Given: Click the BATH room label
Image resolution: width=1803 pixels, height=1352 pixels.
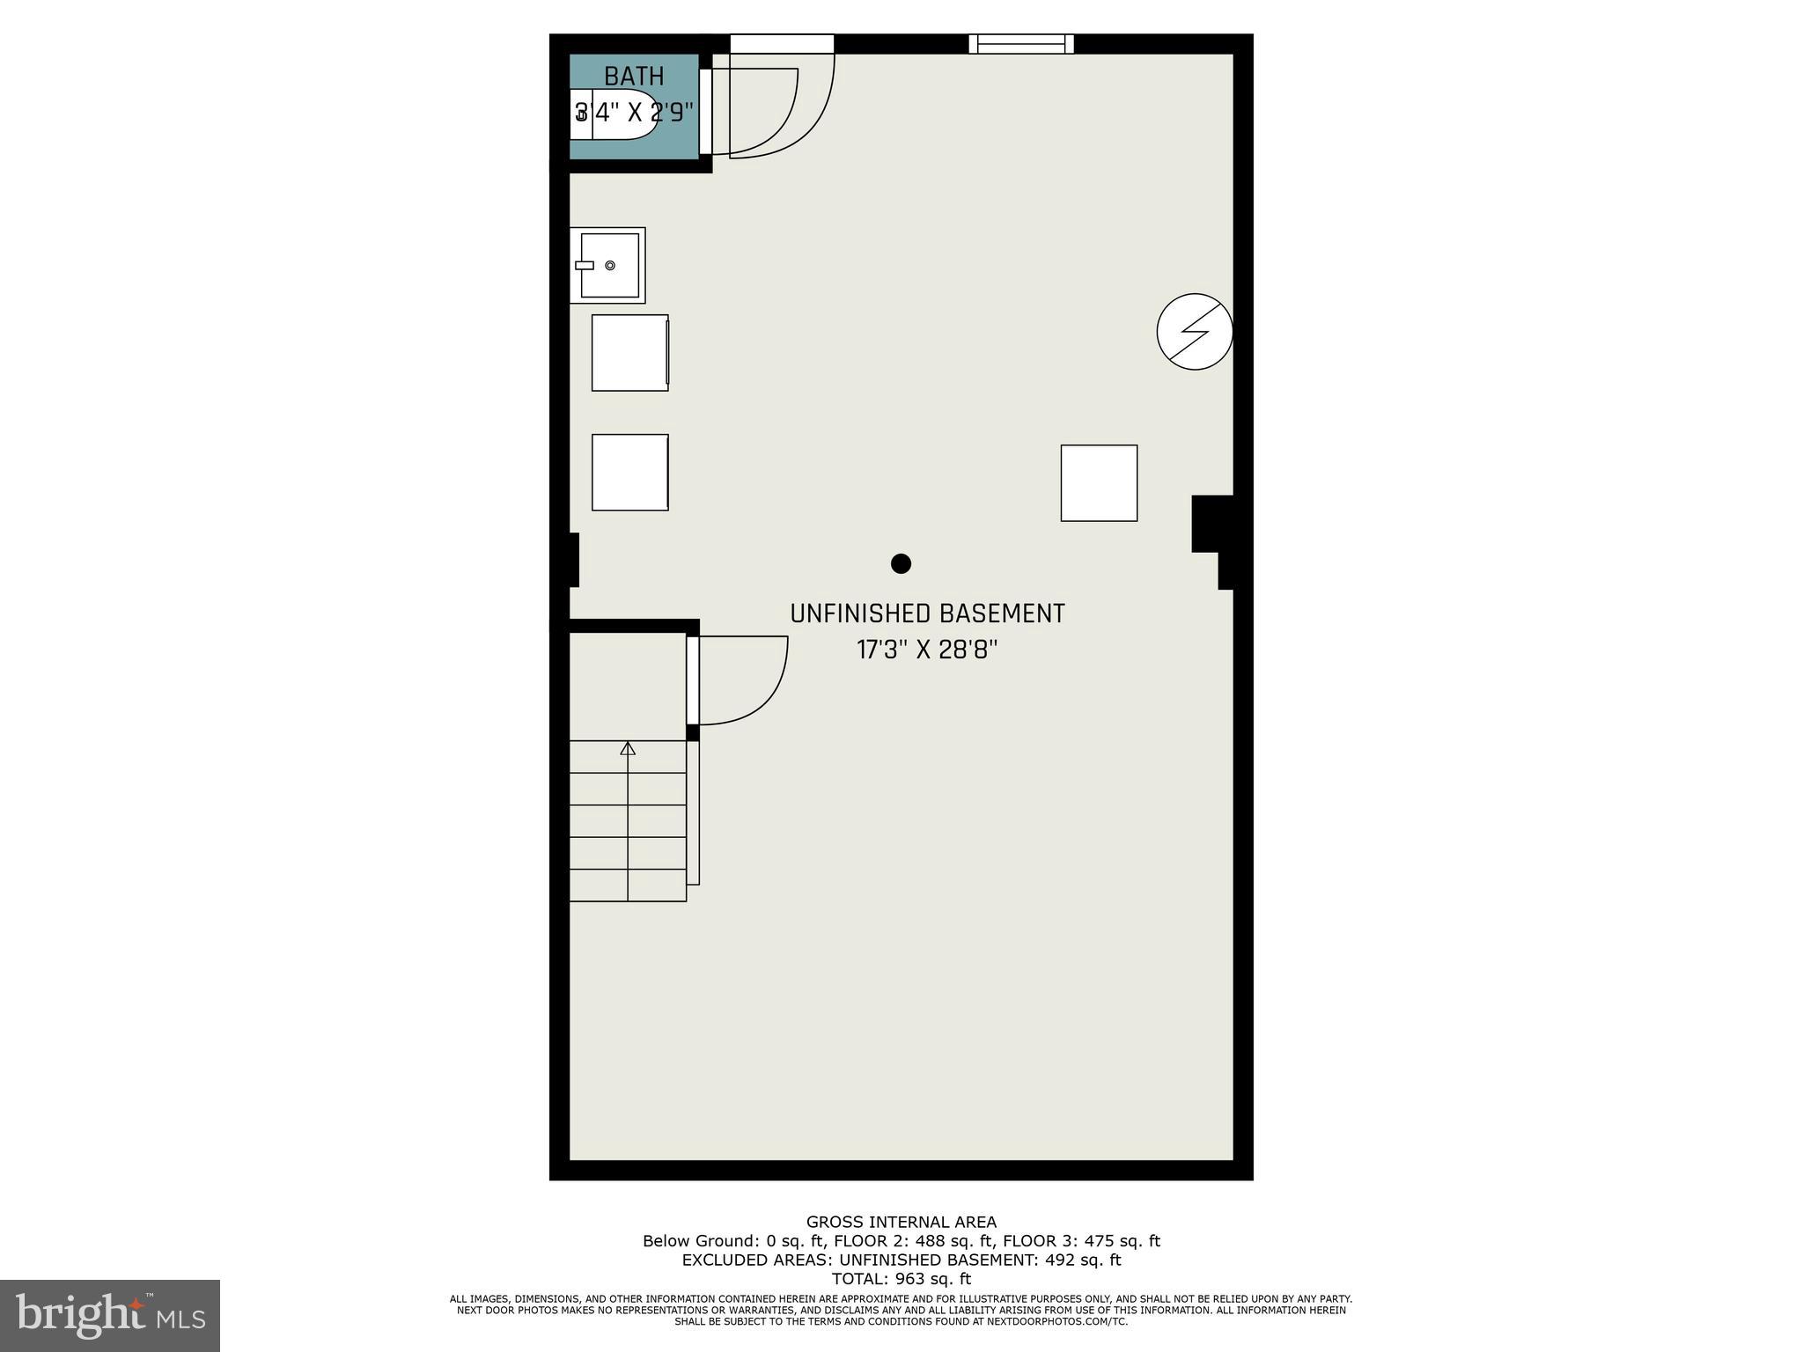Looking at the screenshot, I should click(x=634, y=77).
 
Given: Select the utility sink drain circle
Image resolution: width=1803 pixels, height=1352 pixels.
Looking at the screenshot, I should click(x=610, y=265).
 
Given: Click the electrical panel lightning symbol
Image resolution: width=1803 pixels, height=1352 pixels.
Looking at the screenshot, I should click(x=1195, y=331).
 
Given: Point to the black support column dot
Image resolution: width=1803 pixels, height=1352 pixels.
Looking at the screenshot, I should click(x=901, y=563).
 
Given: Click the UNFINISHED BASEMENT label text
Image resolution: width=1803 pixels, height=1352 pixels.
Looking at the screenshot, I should click(x=927, y=614).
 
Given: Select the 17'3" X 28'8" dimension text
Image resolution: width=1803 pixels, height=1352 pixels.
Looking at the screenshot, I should click(x=927, y=650).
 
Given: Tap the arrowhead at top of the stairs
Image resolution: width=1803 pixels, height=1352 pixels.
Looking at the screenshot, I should click(x=628, y=748).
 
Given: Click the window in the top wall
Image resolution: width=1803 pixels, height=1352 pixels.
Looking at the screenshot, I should click(x=1021, y=43).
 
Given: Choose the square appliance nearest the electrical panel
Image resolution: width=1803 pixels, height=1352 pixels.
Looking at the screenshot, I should click(x=1099, y=483).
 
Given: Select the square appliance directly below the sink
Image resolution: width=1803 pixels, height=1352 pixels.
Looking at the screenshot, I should click(x=629, y=353).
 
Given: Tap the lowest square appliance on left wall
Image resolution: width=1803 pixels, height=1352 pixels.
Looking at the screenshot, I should click(x=629, y=473).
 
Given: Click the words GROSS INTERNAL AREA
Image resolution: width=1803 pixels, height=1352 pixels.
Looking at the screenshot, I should click(x=901, y=1222).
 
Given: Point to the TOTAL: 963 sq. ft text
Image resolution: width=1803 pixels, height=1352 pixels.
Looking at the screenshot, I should click(x=901, y=1279).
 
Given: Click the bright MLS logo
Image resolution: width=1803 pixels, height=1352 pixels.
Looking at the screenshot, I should click(x=110, y=1316).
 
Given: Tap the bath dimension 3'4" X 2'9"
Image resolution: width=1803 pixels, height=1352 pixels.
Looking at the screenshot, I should click(x=634, y=114).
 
